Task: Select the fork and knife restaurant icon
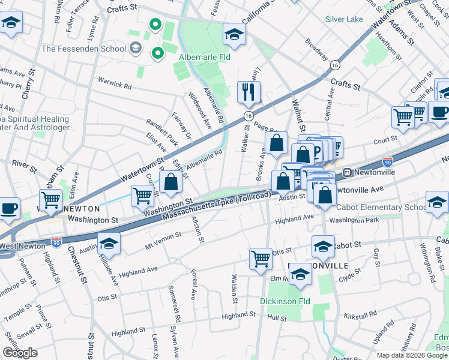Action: point(248,92)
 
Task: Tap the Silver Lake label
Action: point(344,19)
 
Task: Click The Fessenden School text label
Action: point(83,49)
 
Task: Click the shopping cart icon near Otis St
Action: point(261,259)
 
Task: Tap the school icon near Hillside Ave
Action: point(109,244)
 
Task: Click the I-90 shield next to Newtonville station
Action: point(388,161)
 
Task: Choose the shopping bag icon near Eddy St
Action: point(171,183)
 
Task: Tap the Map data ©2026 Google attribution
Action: point(411,355)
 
